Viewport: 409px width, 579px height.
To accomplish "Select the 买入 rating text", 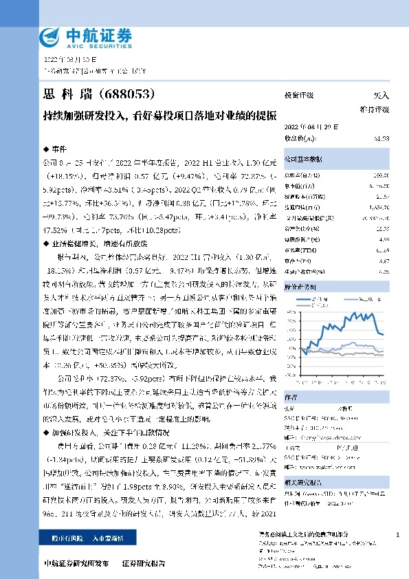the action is [x=380, y=96].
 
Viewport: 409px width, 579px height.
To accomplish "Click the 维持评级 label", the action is [x=375, y=109].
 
